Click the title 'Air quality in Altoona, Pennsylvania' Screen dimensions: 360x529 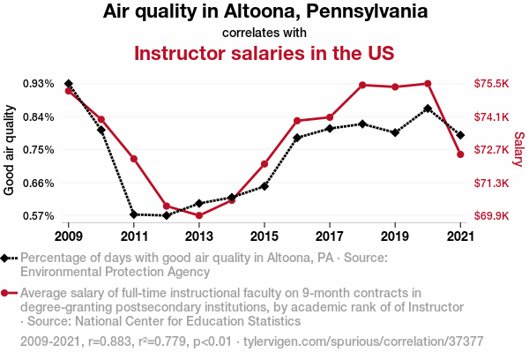click(264, 12)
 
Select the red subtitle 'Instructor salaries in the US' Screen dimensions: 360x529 click(264, 53)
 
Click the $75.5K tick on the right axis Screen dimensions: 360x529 click(492, 84)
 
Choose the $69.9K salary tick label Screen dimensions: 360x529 click(492, 215)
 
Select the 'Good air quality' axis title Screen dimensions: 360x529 click(10, 150)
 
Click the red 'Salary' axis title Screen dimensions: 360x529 click(518, 150)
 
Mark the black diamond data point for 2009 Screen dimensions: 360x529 click(69, 84)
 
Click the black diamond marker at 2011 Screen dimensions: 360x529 click(134, 214)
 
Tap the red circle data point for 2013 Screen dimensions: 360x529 click(199, 215)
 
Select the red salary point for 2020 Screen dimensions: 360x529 click(427, 84)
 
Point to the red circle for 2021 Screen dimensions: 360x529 click(459, 154)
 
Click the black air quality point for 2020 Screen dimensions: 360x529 click(427, 109)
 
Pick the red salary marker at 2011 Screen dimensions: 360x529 click(134, 159)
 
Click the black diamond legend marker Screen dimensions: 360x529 click(7, 258)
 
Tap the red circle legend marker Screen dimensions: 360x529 click(7, 292)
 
